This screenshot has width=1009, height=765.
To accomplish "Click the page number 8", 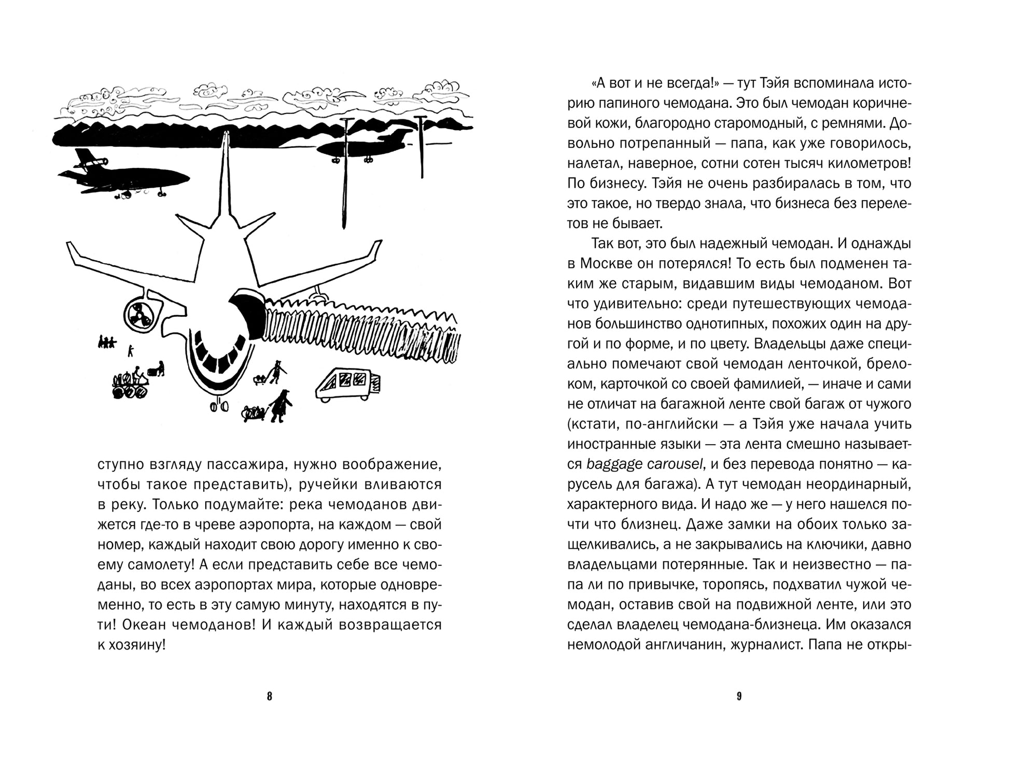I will (x=269, y=697).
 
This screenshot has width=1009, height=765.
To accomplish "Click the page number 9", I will (x=739, y=697).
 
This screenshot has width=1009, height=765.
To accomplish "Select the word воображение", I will (x=390, y=464).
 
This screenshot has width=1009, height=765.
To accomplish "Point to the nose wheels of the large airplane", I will (x=219, y=406).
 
